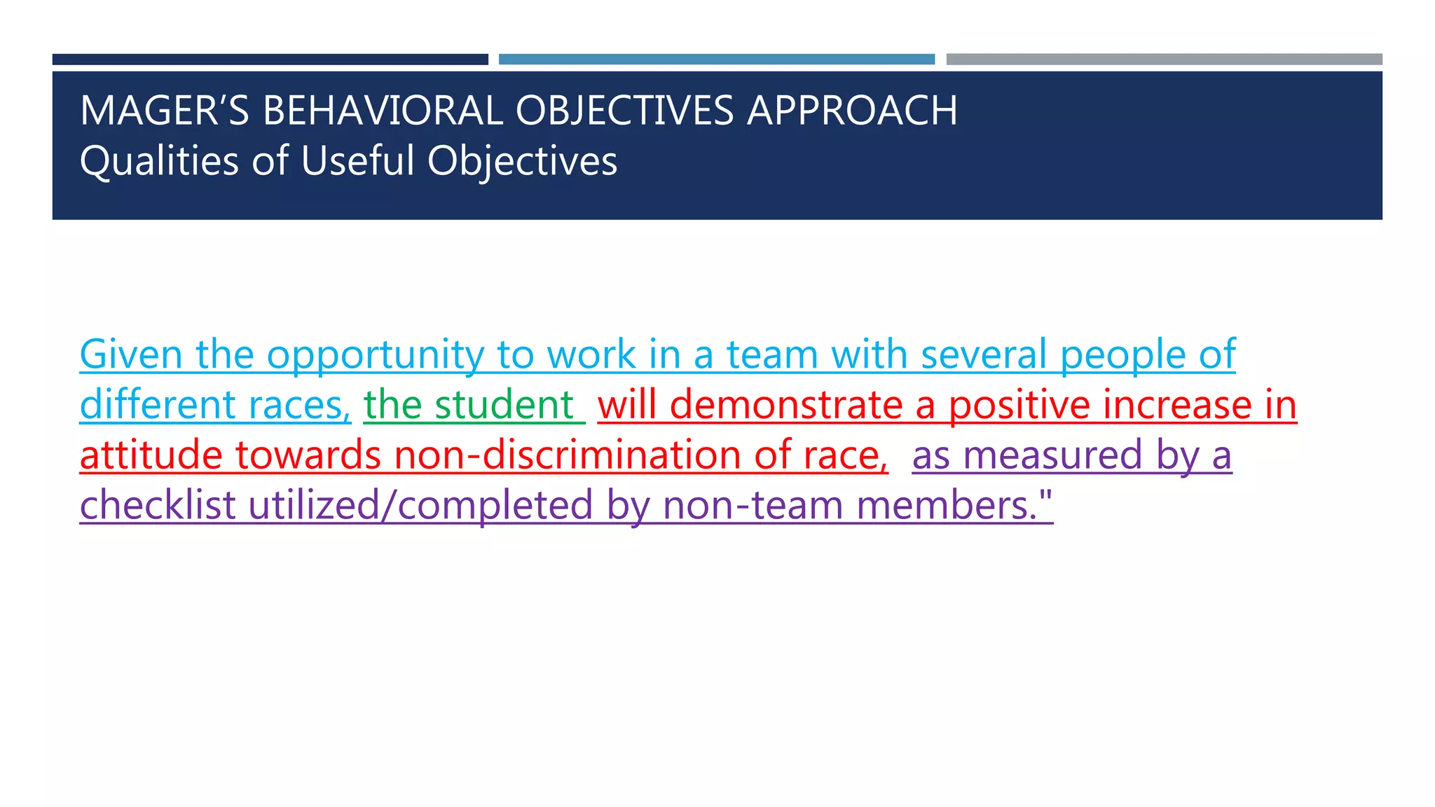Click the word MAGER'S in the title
[165, 111]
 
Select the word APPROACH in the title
[852, 111]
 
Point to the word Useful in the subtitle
[358, 161]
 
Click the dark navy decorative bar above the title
[270, 60]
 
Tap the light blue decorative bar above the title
[716, 60]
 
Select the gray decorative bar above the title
[1164, 60]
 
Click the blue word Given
[131, 354]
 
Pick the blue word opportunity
[375, 356]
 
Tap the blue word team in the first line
[772, 354]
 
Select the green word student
[504, 405]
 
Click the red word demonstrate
[786, 405]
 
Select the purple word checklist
[158, 505]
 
